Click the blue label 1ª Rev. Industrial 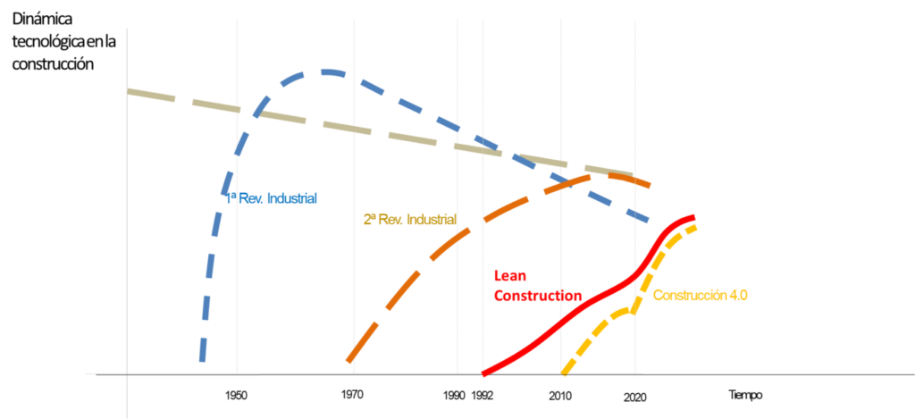tap(272, 199)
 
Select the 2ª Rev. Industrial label tap(409, 219)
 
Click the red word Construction tap(538, 296)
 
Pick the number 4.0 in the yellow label tap(738, 295)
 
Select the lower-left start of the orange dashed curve tap(348, 360)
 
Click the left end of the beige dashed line tap(130, 90)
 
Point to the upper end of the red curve tap(693, 215)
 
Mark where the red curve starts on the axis tap(483, 373)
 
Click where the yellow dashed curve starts tap(563, 373)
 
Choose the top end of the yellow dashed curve tap(695, 226)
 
